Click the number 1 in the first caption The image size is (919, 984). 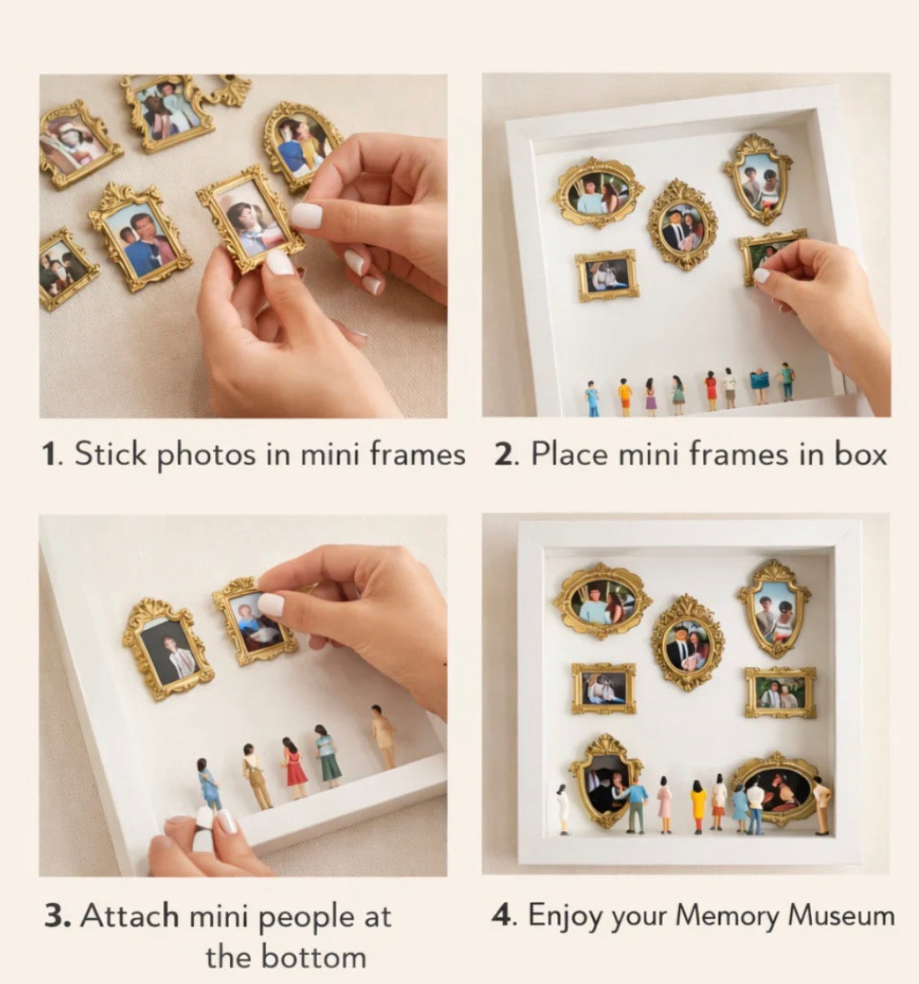49,454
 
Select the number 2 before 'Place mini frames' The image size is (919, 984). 503,454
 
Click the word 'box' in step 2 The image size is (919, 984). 860,454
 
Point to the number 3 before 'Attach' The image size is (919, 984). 54,916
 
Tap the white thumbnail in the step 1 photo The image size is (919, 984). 280,263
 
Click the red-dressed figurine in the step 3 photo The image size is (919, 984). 293,766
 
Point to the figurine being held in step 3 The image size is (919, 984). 207,787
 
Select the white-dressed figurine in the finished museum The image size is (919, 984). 563,809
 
